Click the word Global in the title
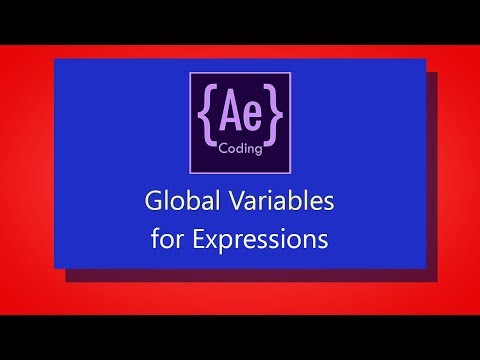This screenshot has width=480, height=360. click(174, 203)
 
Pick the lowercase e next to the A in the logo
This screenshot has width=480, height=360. click(250, 114)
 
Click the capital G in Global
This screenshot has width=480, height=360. click(154, 203)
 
